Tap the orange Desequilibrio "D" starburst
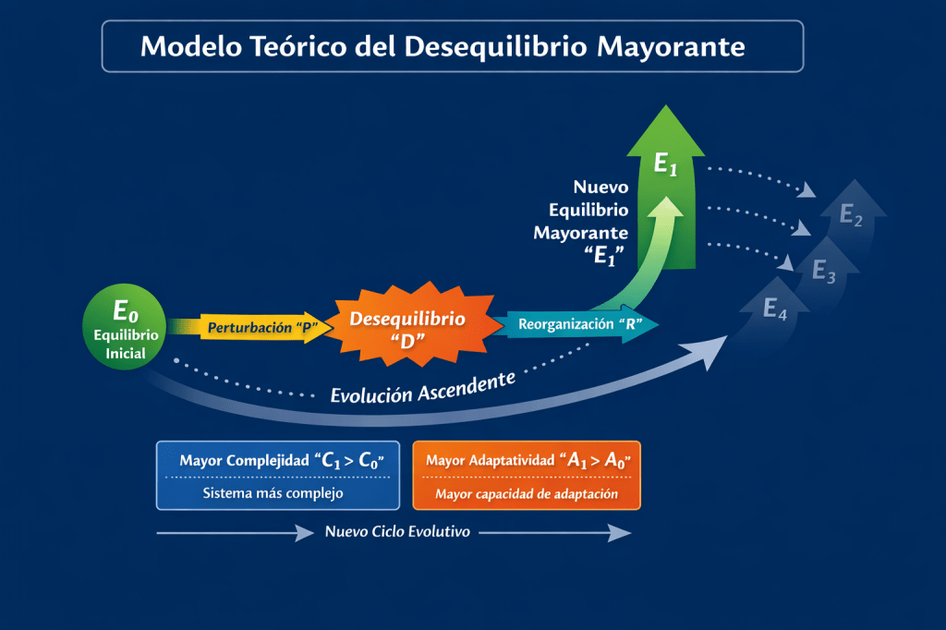tap(407, 329)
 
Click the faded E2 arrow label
tap(851, 217)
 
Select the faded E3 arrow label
tap(824, 272)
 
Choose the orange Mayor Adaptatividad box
tap(526, 475)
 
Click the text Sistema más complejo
tap(273, 493)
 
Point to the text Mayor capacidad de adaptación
tap(526, 494)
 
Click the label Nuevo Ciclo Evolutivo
tap(397, 532)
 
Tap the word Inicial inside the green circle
tap(125, 352)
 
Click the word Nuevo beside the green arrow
tap(600, 187)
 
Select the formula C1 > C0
tap(350, 459)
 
